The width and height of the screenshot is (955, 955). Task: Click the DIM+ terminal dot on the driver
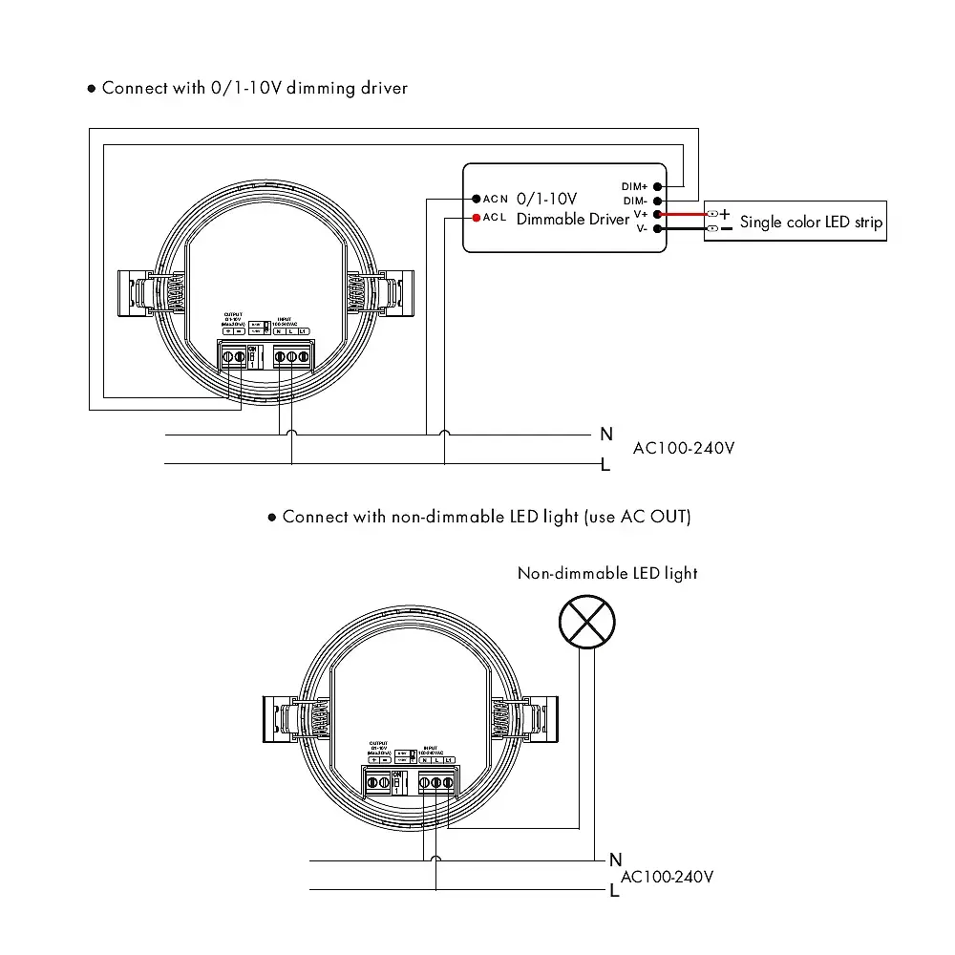[658, 186]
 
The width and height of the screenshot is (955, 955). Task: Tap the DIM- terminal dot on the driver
[658, 201]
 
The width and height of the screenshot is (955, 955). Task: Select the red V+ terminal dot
[658, 215]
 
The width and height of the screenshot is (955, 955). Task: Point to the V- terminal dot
[658, 229]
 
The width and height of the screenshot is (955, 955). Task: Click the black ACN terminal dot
[475, 199]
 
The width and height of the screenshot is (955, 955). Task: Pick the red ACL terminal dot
[475, 218]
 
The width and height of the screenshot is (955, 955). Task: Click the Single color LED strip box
[796, 222]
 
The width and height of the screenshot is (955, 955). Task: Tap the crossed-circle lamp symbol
[585, 621]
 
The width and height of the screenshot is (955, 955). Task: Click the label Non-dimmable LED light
[607, 574]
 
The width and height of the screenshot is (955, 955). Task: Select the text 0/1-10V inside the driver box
[546, 199]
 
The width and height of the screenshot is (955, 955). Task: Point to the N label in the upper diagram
[605, 435]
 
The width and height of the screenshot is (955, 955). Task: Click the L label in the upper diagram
[605, 465]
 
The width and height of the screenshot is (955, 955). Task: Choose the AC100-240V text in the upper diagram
[684, 448]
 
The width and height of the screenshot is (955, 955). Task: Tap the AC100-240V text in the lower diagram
[668, 877]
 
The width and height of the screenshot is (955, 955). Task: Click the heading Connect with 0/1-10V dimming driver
[254, 88]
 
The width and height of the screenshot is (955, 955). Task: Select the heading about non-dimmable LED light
[486, 517]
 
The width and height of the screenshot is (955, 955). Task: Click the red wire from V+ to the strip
[682, 215]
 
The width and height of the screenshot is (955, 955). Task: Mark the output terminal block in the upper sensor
[234, 358]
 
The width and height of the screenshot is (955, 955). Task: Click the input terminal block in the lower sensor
[436, 783]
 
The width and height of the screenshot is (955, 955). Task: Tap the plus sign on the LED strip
[725, 214]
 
